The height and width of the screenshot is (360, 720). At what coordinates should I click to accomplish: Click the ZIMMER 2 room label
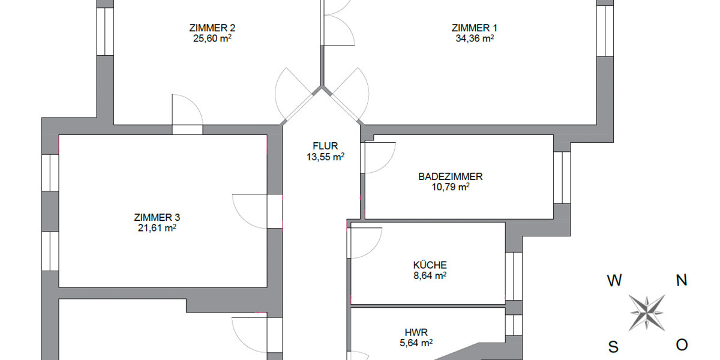click(212, 28)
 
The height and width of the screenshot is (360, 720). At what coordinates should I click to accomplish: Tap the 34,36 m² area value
click(475, 38)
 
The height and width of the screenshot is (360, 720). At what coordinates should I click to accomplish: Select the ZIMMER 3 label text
click(157, 217)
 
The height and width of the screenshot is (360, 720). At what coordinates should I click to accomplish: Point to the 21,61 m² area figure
click(157, 228)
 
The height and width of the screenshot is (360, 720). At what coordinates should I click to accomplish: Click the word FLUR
click(326, 146)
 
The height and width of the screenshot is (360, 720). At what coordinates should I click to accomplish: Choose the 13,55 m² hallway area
click(326, 157)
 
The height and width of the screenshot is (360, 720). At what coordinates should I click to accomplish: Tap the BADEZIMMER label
click(451, 176)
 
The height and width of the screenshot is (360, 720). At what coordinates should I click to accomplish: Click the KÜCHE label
click(430, 265)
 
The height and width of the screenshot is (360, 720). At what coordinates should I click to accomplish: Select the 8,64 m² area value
click(430, 276)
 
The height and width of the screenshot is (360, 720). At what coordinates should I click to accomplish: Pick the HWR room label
click(416, 332)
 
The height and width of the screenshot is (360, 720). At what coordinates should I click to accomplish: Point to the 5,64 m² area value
click(416, 343)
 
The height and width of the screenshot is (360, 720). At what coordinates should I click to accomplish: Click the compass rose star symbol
click(647, 313)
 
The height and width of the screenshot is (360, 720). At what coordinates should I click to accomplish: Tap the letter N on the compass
click(682, 280)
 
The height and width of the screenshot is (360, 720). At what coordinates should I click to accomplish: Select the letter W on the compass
click(614, 280)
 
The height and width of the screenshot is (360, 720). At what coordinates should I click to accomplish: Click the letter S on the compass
click(614, 346)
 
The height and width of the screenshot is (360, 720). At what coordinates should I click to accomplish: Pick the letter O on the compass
click(682, 345)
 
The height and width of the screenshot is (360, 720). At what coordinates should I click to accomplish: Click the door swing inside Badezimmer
click(379, 158)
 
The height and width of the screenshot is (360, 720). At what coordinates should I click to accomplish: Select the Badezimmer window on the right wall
click(562, 177)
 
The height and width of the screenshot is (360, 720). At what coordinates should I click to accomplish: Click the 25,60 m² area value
click(212, 38)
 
